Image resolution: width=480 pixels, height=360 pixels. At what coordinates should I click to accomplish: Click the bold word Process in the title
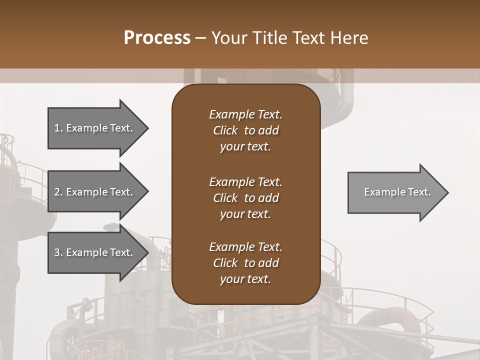pos(157,38)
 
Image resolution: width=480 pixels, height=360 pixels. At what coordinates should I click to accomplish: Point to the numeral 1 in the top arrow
pos(57,128)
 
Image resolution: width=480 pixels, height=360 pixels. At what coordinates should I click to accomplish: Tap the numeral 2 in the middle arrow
pos(57,192)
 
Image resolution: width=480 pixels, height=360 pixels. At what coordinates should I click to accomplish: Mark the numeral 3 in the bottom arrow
pos(57,252)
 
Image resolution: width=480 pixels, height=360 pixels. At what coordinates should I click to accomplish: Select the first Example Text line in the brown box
pos(245,114)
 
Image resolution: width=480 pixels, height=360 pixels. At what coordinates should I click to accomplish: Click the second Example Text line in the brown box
pos(245,182)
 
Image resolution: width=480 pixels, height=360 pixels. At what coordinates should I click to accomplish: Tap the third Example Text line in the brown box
pos(245,247)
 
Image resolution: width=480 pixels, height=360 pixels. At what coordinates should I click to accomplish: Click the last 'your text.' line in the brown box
pos(245,279)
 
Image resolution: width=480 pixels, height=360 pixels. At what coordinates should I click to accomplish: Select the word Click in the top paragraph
pos(225,130)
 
